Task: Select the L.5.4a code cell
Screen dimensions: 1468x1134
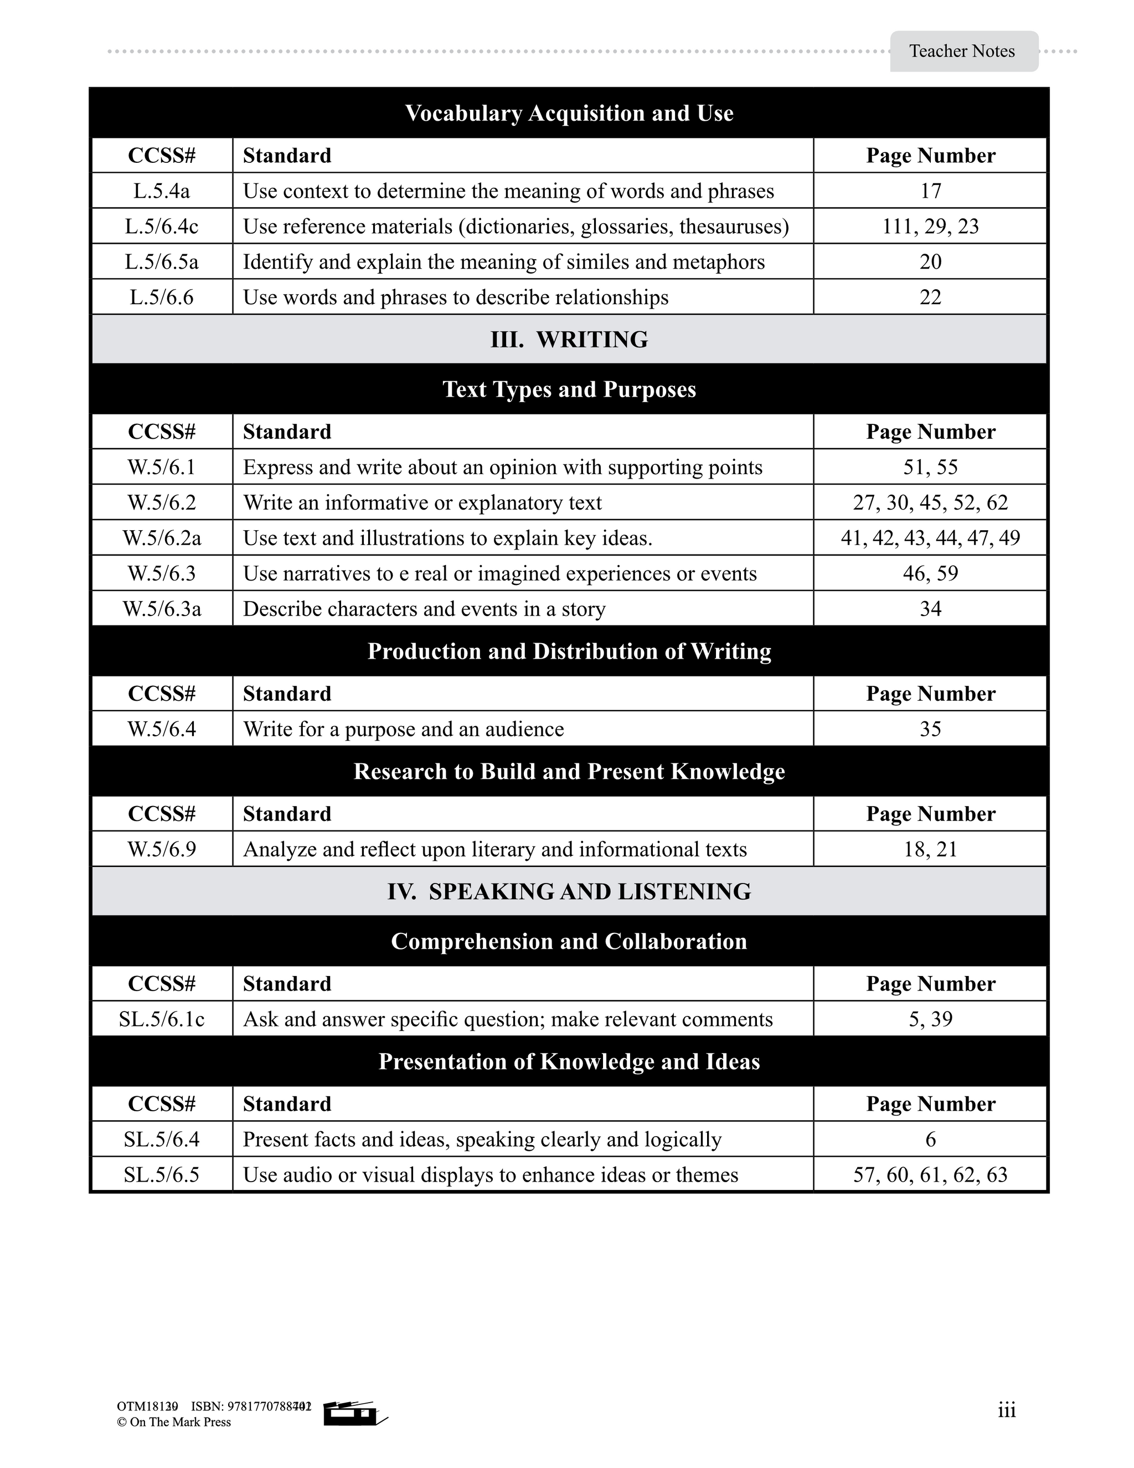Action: click(x=162, y=191)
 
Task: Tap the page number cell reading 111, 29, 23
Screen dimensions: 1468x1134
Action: click(x=930, y=227)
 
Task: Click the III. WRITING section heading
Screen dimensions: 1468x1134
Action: click(x=569, y=340)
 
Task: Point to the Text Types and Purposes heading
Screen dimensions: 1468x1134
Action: click(x=569, y=389)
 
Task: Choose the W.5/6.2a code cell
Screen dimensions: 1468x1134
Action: click(x=162, y=538)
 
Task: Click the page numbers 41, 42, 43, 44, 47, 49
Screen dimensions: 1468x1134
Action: click(x=930, y=538)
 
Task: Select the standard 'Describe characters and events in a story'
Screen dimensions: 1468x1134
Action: click(x=424, y=609)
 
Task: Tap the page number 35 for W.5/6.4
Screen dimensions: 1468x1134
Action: click(x=930, y=730)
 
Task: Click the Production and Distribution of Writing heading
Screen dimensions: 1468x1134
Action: click(x=569, y=651)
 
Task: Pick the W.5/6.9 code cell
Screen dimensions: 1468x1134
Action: click(x=162, y=850)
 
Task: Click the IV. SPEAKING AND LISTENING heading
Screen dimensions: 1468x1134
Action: click(x=569, y=891)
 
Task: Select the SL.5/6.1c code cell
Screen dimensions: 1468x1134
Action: click(x=162, y=1019)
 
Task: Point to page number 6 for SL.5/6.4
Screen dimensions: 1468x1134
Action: click(x=930, y=1140)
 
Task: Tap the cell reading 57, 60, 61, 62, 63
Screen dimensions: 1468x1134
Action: click(x=930, y=1175)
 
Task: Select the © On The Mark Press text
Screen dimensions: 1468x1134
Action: click(x=174, y=1422)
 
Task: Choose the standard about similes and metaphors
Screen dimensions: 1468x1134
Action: click(x=504, y=262)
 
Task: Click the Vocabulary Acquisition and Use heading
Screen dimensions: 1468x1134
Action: click(x=569, y=113)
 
